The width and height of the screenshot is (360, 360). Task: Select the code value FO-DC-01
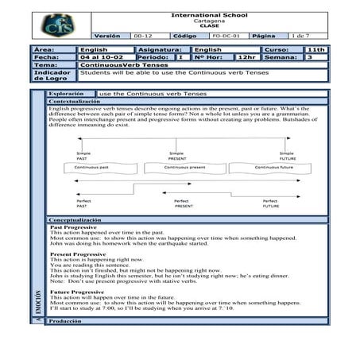click(x=223, y=37)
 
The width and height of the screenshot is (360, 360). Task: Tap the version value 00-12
click(x=143, y=37)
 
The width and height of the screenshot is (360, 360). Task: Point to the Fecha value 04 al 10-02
click(x=99, y=57)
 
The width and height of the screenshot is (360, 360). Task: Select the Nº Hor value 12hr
click(x=247, y=57)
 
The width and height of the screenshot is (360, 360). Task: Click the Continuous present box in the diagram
click(x=188, y=168)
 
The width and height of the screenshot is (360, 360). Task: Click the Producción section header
click(x=64, y=321)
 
